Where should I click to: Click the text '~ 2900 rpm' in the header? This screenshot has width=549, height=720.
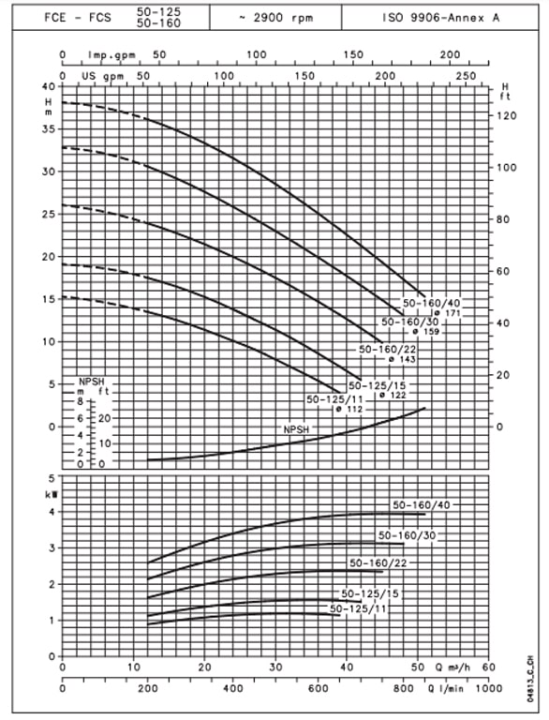[275, 18]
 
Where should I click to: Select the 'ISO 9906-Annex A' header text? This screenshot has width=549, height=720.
[440, 18]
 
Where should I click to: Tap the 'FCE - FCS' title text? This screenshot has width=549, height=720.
[78, 18]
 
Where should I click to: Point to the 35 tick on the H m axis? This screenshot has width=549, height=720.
[48, 129]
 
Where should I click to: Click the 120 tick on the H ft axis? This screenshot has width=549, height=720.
[507, 115]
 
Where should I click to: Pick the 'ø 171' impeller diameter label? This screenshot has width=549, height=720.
[447, 313]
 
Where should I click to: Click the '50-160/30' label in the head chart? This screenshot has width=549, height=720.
[410, 322]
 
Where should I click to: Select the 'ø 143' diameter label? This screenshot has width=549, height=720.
[402, 359]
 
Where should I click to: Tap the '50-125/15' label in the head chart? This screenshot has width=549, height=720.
[378, 385]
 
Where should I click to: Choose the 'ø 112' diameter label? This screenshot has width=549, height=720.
[349, 409]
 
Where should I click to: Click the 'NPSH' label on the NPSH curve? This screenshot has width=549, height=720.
[297, 429]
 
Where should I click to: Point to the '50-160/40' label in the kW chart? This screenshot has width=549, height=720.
[422, 505]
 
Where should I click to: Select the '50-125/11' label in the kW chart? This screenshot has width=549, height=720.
[358, 608]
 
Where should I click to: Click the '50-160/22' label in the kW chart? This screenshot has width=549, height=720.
[378, 562]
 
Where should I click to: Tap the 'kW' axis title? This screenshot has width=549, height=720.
[51, 495]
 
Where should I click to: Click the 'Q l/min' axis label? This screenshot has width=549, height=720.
[445, 688]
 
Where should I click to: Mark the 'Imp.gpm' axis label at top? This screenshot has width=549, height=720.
[111, 55]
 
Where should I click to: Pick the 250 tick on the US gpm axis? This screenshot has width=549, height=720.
[466, 76]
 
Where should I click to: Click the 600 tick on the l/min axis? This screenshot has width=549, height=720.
[319, 688]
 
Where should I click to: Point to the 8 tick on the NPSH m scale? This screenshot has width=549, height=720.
[81, 401]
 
